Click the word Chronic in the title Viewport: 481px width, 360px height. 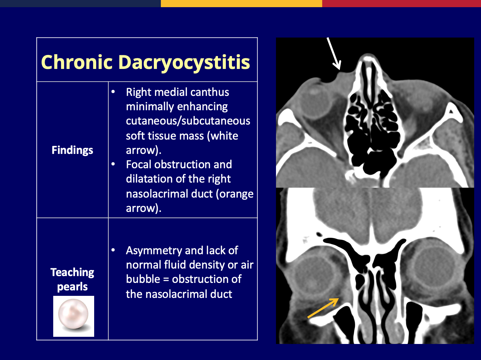click(x=77, y=62)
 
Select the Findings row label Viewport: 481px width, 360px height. click(x=72, y=150)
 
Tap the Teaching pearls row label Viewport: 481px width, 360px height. click(x=72, y=279)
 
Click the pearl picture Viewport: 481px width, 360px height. click(x=74, y=316)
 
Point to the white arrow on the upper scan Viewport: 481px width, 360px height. click(x=334, y=54)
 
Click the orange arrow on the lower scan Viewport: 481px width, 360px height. click(x=323, y=308)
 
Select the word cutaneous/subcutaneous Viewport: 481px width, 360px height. click(x=188, y=121)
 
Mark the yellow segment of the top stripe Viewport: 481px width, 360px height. click(x=242, y=3)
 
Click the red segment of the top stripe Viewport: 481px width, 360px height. click(x=402, y=3)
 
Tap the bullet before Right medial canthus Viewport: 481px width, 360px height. click(x=113, y=91)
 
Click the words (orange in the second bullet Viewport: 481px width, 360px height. click(x=235, y=194)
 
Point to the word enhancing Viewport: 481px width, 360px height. click(x=203, y=107)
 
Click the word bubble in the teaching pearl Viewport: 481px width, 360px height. click(x=143, y=279)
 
